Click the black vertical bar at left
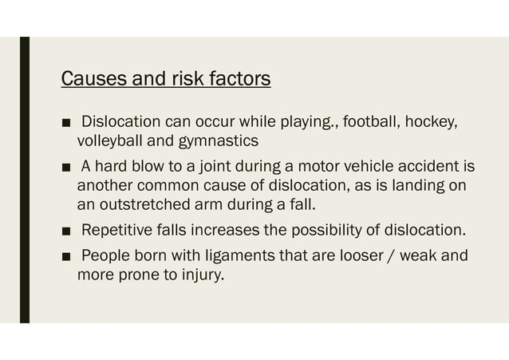[25, 180]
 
